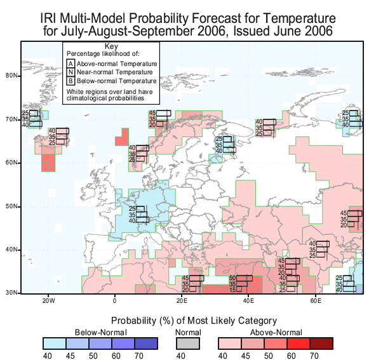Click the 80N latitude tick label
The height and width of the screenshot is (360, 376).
pyautogui.click(x=11, y=76)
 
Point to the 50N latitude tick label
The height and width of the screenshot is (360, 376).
pyautogui.click(x=11, y=206)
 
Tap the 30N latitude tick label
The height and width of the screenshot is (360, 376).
pyautogui.click(x=11, y=293)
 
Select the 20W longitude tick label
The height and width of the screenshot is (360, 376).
pyautogui.click(x=49, y=301)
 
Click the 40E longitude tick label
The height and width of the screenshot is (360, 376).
pyautogui.click(x=248, y=301)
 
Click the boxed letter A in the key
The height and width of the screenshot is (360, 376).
pyautogui.click(x=70, y=63)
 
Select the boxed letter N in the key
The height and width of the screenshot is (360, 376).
pyautogui.click(x=70, y=72)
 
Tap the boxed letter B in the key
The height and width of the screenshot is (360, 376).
pyautogui.click(x=70, y=81)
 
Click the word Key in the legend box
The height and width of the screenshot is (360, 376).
pyautogui.click(x=111, y=46)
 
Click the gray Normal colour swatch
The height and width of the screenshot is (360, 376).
pyautogui.click(x=188, y=343)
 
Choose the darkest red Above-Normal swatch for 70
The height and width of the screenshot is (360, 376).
pyautogui.click(x=321, y=343)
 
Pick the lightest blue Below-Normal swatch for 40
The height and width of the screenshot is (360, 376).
pyautogui.click(x=55, y=343)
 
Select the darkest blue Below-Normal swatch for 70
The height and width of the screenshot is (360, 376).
pyautogui.click(x=146, y=343)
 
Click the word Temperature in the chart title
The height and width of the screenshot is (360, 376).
pyautogui.click(x=299, y=18)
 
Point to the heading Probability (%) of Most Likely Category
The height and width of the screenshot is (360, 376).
pyautogui.click(x=194, y=321)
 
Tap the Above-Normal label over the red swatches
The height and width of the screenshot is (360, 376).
pyautogui.click(x=276, y=333)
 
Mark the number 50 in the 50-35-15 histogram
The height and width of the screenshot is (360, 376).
pyautogui.click(x=232, y=278)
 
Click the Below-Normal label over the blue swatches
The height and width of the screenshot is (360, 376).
pyautogui.click(x=101, y=333)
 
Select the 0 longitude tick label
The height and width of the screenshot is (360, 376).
pyautogui.click(x=114, y=301)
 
